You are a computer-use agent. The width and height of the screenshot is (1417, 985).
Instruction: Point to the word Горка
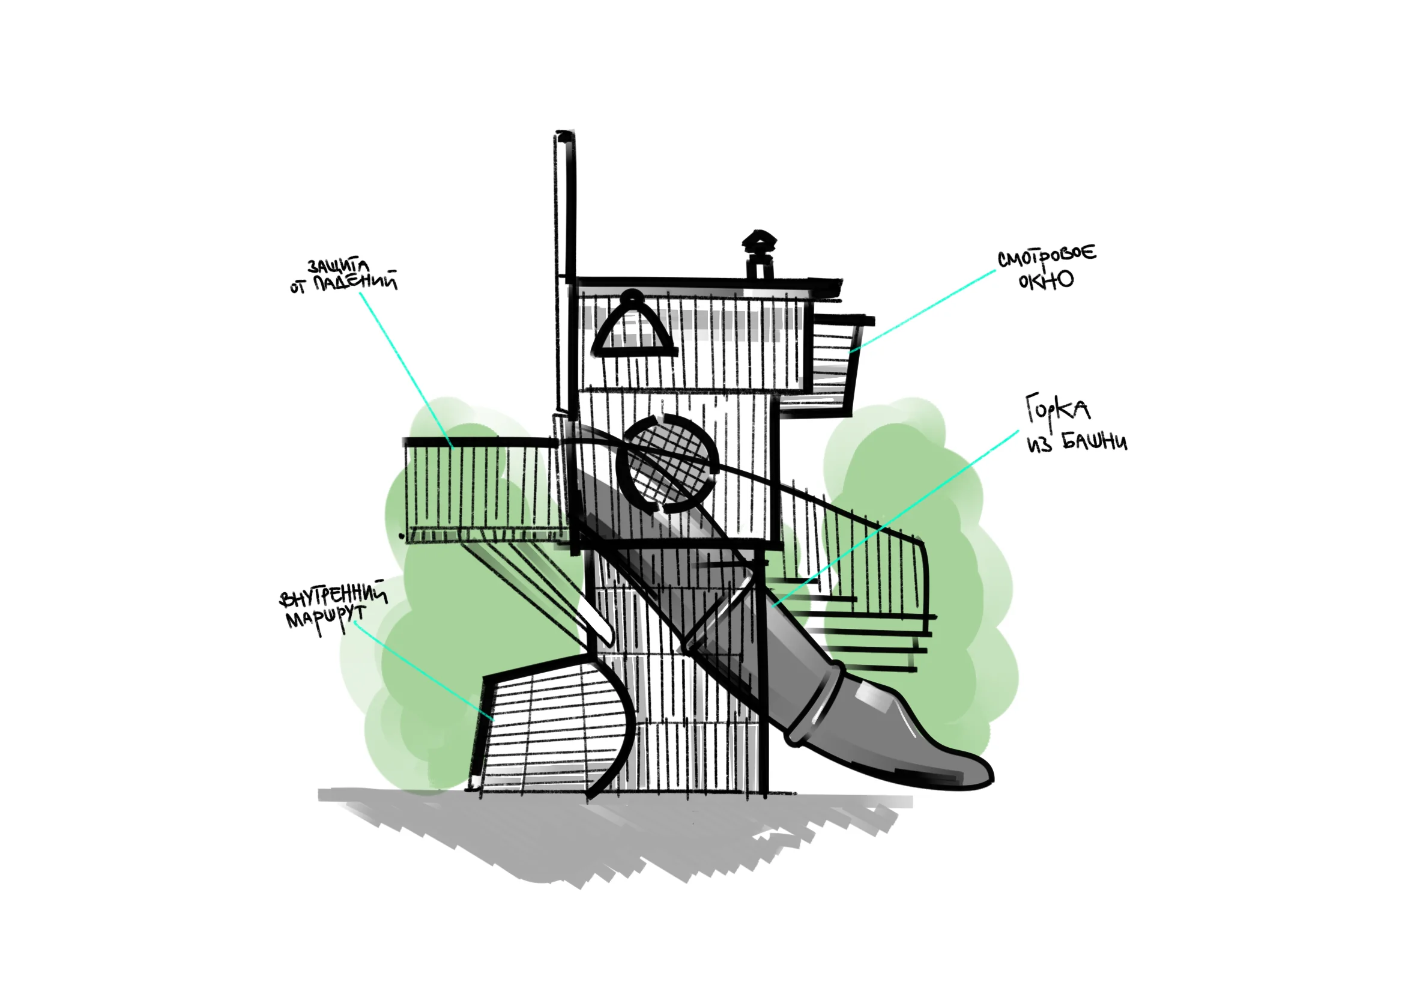tap(1057, 408)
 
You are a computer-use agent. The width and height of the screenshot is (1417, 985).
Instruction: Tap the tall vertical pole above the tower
tap(565, 271)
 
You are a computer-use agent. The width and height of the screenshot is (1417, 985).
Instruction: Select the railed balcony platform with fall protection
tap(485, 491)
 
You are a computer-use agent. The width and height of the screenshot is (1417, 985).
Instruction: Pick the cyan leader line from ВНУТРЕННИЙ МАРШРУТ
tap(424, 671)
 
